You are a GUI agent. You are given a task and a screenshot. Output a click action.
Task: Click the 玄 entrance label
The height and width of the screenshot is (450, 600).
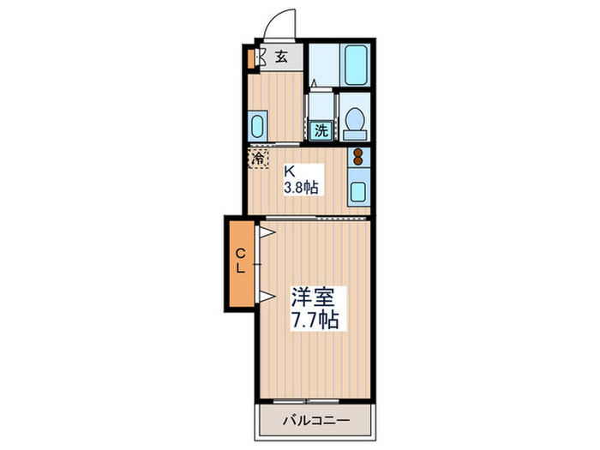(282, 57)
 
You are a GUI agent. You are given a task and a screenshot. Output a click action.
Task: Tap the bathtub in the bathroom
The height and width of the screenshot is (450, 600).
(355, 63)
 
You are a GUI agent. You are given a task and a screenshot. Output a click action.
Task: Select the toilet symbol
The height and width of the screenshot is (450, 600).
(355, 123)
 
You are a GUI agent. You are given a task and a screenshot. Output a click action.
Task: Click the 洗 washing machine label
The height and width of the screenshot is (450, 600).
(321, 131)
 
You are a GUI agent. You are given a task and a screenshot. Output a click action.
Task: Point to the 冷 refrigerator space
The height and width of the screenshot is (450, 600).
(257, 158)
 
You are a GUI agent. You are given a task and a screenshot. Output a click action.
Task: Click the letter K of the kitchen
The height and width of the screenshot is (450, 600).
(290, 170)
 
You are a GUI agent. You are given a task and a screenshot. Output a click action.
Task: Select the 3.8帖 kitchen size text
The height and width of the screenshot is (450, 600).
(301, 187)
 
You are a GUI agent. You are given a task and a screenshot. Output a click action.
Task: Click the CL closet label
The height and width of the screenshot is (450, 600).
(242, 260)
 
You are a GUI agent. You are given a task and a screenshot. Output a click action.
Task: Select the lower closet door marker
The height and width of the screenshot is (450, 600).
(267, 296)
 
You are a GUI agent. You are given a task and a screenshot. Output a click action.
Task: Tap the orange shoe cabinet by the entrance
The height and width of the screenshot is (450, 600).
(251, 59)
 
